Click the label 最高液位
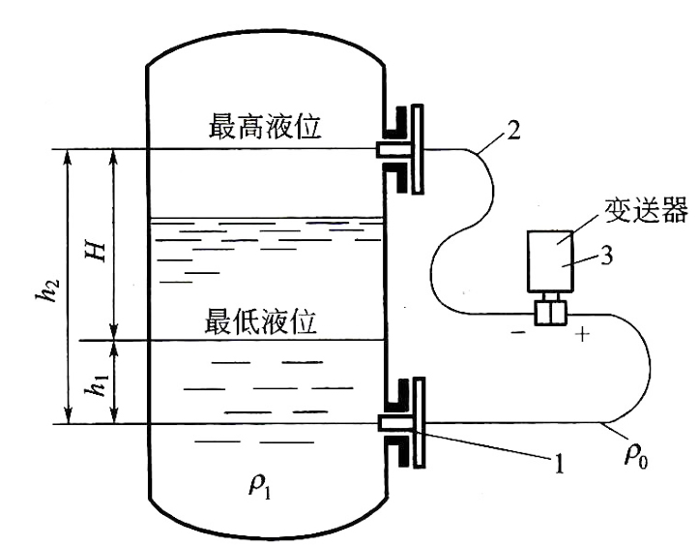tap(264, 127)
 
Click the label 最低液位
tap(260, 320)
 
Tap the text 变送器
tap(646, 210)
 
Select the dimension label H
tap(97, 253)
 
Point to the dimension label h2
tap(50, 289)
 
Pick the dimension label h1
tap(98, 384)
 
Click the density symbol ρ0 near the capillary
tap(636, 456)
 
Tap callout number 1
tap(558, 464)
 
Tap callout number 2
tap(513, 130)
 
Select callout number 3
tap(607, 256)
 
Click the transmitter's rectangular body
tap(550, 261)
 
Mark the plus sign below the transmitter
tap(582, 334)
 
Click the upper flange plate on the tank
tap(418, 149)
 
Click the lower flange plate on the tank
tap(419, 422)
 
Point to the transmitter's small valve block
tap(550, 313)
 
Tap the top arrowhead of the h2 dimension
tap(68, 154)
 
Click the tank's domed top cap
tap(265, 44)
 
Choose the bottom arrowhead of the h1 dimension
tap(115, 417)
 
